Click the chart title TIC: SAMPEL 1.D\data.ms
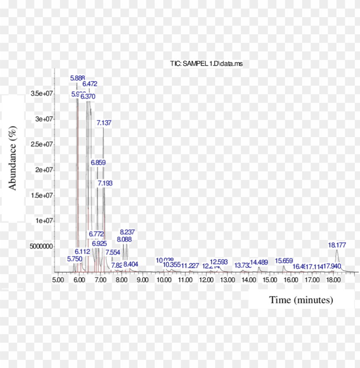(x=207, y=64)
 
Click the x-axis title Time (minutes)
(x=301, y=300)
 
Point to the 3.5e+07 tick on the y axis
(x=42, y=93)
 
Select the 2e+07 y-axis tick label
(x=44, y=170)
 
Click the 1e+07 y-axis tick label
(x=44, y=221)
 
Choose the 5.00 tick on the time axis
(x=58, y=280)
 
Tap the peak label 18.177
(x=337, y=245)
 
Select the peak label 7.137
(x=104, y=123)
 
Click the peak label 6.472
(x=90, y=84)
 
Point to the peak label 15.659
(x=284, y=260)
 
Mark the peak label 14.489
(x=259, y=262)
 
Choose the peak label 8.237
(x=127, y=232)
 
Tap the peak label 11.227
(x=190, y=266)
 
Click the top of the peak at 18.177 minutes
(x=337, y=251)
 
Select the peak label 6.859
(x=98, y=163)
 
